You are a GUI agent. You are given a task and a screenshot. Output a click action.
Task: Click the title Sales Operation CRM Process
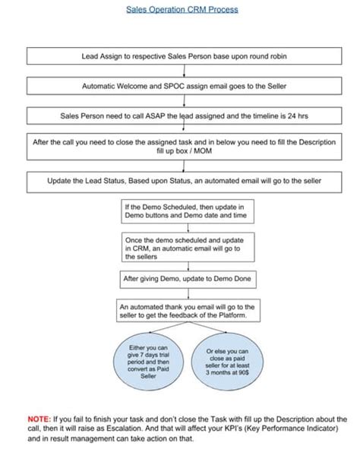[181, 10]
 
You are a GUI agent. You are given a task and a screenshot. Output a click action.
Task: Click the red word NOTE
[39, 419]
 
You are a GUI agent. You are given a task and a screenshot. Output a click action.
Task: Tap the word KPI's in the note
[250, 429]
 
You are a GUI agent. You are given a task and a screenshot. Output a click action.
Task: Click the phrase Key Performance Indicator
[304, 429]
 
